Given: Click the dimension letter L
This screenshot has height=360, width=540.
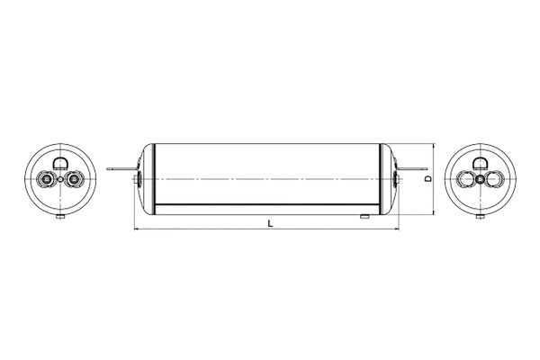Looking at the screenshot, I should click(x=270, y=223).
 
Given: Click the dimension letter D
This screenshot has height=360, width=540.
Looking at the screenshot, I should click(x=429, y=179).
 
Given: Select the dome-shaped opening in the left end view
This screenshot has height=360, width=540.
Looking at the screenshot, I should click(x=59, y=163).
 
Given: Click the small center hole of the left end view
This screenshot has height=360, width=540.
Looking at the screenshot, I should click(x=59, y=180).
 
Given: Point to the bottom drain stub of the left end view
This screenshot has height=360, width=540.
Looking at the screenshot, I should click(x=59, y=218).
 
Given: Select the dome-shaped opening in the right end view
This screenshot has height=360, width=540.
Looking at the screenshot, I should click(x=481, y=163).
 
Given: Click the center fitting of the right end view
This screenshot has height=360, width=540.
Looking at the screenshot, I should click(x=481, y=180).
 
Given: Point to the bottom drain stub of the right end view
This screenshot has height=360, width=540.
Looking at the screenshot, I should click(x=481, y=218).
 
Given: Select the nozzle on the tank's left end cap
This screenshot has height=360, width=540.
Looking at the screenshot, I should click(x=135, y=181).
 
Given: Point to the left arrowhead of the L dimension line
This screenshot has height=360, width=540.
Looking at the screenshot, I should click(x=138, y=229).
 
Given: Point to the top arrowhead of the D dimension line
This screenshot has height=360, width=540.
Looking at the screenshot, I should click(x=436, y=146).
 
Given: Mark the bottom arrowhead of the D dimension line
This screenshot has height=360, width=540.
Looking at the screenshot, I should click(x=436, y=214).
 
